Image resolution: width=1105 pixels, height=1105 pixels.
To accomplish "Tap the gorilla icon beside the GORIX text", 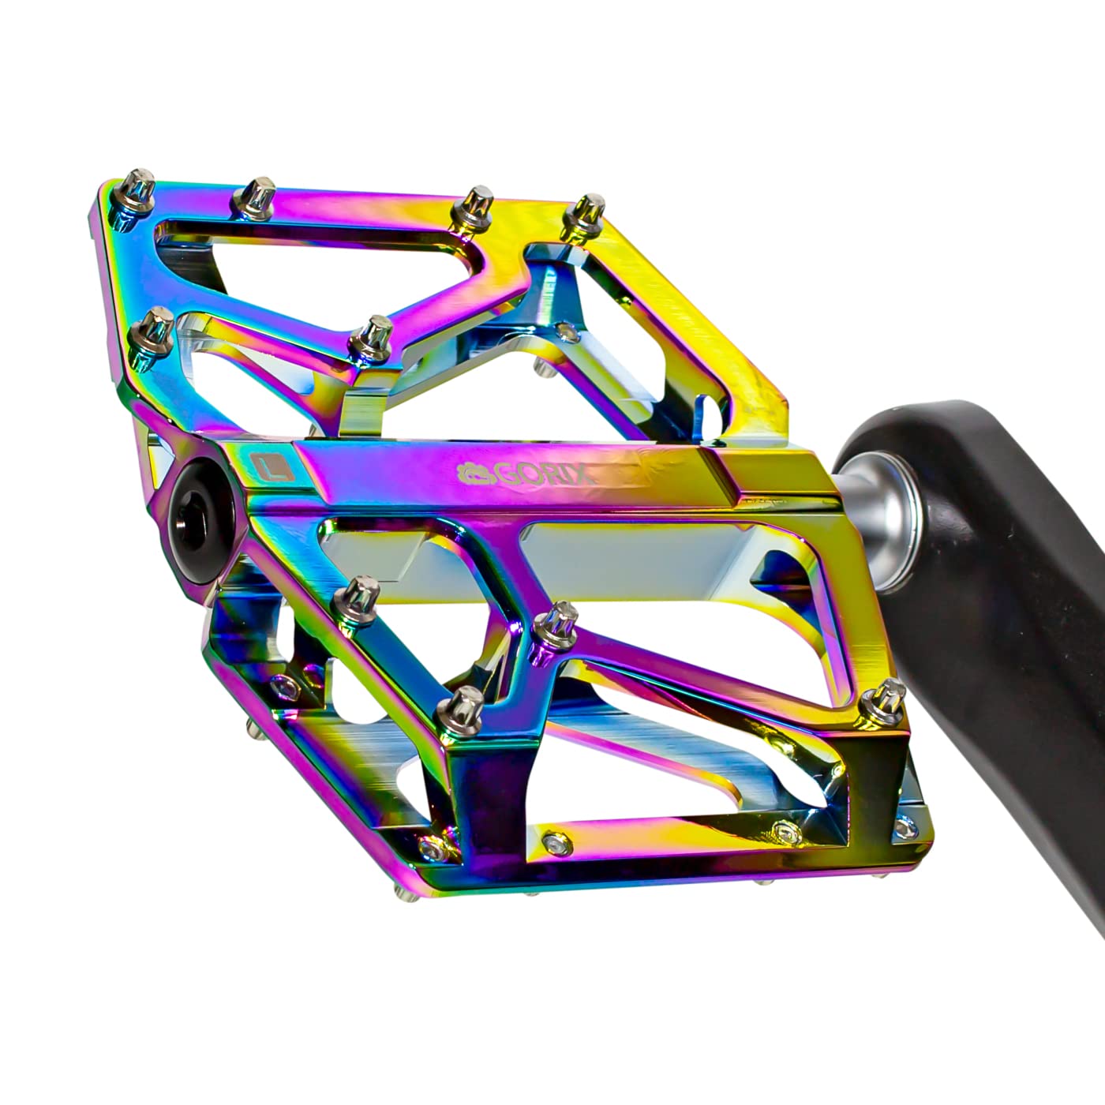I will (475, 474).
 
